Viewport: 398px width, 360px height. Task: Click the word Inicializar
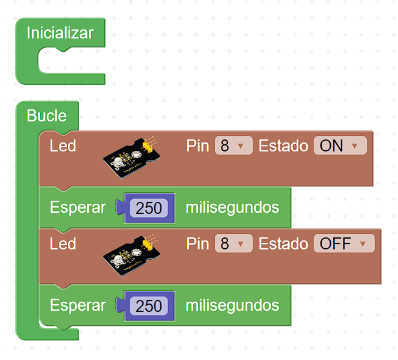pyautogui.click(x=59, y=33)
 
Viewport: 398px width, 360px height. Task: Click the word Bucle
pyautogui.click(x=46, y=115)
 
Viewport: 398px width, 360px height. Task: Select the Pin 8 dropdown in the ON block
pyautogui.click(x=233, y=145)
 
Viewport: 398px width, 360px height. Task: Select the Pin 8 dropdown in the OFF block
pyautogui.click(x=233, y=243)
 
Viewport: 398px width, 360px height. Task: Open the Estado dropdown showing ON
pyautogui.click(x=339, y=145)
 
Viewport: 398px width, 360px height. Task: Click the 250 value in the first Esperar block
pyautogui.click(x=149, y=208)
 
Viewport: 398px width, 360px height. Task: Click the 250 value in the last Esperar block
pyautogui.click(x=149, y=306)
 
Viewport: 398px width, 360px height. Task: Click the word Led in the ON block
pyautogui.click(x=62, y=145)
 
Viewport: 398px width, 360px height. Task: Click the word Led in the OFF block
pyautogui.click(x=62, y=243)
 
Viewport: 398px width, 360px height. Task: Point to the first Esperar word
pyautogui.click(x=77, y=207)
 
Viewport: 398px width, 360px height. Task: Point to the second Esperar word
pyautogui.click(x=77, y=305)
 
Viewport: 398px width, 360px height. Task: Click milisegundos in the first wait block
pyautogui.click(x=232, y=207)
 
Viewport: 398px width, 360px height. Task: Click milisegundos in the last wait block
pyautogui.click(x=232, y=305)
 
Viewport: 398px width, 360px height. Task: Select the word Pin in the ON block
pyautogui.click(x=197, y=145)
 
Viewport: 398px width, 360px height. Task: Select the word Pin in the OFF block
pyautogui.click(x=197, y=243)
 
